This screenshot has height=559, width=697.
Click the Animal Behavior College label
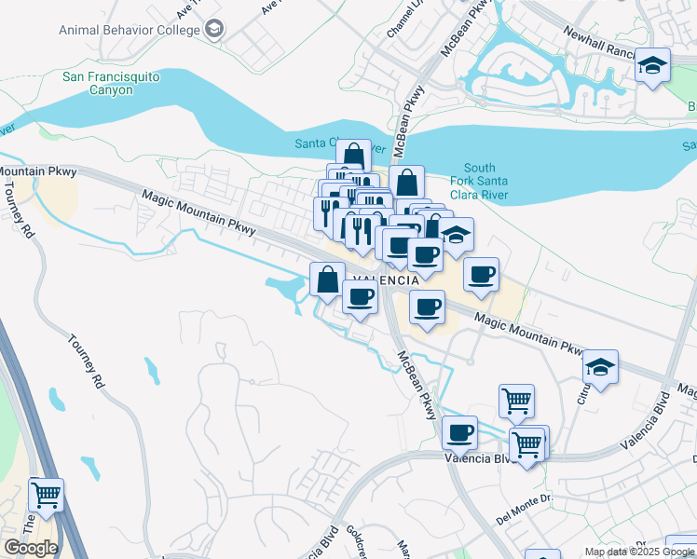[x=130, y=30]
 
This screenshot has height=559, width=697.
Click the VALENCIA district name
[x=385, y=279]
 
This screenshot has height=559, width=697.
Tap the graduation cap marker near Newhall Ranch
[x=652, y=66]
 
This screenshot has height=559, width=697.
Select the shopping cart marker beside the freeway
[x=46, y=496]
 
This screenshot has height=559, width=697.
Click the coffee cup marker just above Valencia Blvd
[x=459, y=432]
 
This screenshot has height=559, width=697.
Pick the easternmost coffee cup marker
[x=481, y=275]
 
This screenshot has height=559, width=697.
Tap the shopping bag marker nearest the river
[x=353, y=157]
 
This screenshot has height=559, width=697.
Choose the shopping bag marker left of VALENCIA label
[x=328, y=279]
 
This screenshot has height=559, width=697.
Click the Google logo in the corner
[x=30, y=548]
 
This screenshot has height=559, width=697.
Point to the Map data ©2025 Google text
[x=638, y=552]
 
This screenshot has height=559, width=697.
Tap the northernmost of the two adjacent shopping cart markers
[x=516, y=401]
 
